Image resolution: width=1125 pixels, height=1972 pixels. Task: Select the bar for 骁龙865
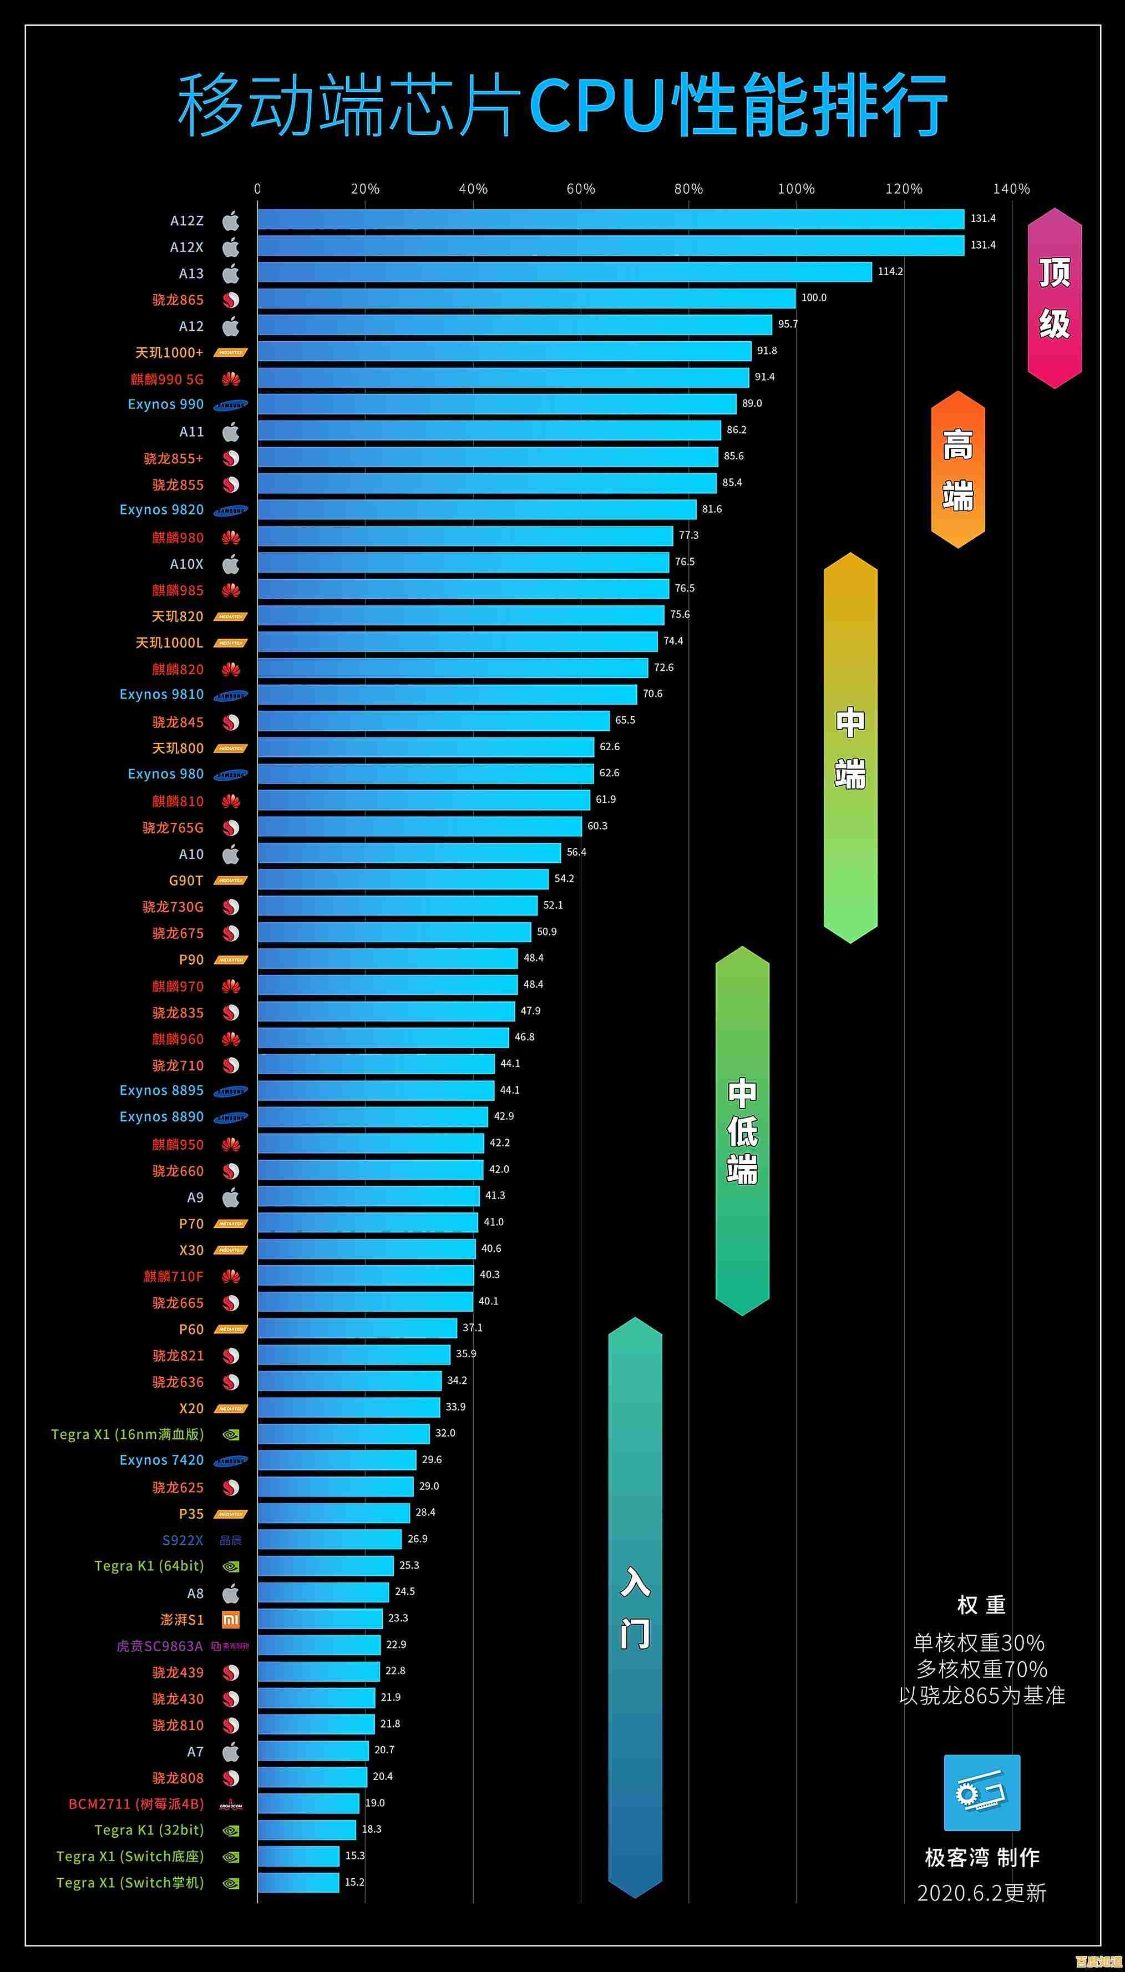(525, 299)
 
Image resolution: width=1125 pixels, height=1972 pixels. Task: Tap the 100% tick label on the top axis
(796, 189)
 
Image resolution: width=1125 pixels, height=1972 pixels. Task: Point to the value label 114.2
(890, 271)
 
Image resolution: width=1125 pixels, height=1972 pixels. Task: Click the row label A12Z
(187, 221)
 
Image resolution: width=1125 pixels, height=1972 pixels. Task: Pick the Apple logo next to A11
(231, 431)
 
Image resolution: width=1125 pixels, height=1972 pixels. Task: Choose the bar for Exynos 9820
(477, 509)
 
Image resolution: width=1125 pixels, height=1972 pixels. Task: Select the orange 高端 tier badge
(957, 469)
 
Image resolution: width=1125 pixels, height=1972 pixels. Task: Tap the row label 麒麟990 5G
(167, 378)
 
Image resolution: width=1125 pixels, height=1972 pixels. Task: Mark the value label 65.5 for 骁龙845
(625, 720)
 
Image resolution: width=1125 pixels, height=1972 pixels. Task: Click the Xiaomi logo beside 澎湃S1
(231, 1620)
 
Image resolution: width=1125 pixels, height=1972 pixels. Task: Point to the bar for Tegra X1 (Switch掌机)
(298, 1882)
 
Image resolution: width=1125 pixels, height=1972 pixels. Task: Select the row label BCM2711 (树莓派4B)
(136, 1803)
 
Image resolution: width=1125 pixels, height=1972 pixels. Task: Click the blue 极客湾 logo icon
(981, 1793)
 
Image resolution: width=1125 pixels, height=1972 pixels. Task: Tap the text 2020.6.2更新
(981, 1893)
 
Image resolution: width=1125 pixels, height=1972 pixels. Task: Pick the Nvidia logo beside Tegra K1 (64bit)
(231, 1567)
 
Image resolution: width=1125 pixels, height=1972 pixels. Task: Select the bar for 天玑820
(460, 615)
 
